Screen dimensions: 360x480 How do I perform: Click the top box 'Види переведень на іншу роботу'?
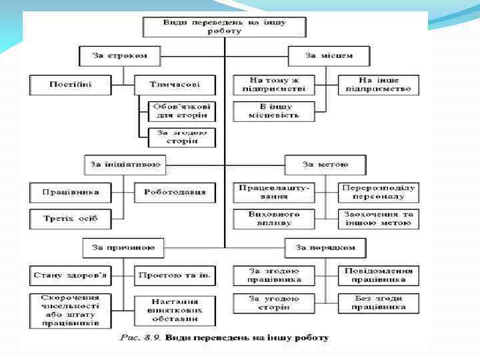pos(225,26)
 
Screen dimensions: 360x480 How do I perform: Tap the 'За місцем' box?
pos(329,55)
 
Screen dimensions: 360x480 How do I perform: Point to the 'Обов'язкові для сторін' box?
pos(177,110)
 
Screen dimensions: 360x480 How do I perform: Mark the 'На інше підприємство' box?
pos(378,84)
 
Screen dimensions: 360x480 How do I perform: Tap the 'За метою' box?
pos(325,163)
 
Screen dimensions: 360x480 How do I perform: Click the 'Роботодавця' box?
pos(175,192)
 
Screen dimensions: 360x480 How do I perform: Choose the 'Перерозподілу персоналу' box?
pos(378,192)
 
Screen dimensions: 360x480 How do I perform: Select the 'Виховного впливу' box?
pos(273,218)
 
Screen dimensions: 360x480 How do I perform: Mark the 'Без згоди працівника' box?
pos(378,303)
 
